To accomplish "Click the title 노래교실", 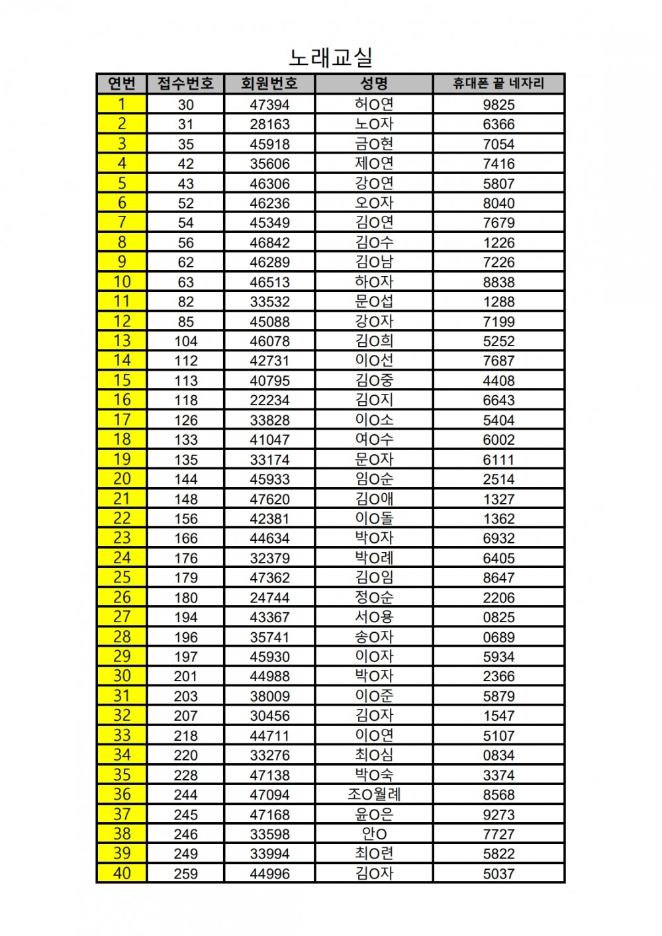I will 330,57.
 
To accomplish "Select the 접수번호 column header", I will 185,83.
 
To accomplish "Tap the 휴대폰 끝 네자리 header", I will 498,83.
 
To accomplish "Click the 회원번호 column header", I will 269,83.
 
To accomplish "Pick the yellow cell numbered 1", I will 122,104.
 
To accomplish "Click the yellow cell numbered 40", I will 122,873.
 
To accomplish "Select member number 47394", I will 269,105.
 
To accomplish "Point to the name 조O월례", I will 374,794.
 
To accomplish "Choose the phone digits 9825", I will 498,105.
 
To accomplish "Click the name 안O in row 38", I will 374,834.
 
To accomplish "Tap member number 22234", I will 269,400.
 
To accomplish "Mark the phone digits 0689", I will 498,637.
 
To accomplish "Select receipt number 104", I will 185,342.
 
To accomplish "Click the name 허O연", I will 374,104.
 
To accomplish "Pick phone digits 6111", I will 498,460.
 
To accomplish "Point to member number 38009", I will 269,696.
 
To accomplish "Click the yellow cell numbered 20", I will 122,479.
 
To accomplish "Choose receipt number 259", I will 185,874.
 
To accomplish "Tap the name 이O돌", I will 374,518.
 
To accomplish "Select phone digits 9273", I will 498,815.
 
